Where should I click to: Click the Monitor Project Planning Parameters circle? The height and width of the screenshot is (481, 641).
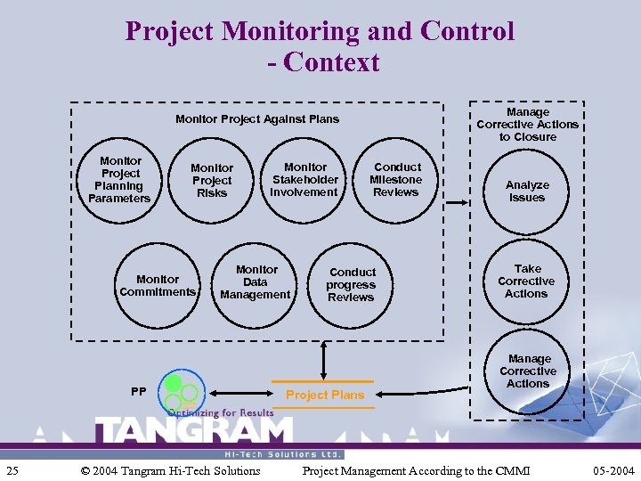point(120,180)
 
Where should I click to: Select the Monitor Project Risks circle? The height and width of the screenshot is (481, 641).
point(212,180)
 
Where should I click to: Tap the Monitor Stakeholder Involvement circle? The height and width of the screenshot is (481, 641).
point(304,180)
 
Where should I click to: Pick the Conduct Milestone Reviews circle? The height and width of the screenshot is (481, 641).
point(396,180)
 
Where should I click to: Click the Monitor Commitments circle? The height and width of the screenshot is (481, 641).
point(158,286)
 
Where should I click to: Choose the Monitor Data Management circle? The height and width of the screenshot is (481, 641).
point(256,282)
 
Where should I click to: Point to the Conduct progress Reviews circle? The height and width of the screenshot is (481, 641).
point(352,285)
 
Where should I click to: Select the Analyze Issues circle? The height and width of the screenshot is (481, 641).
point(527,192)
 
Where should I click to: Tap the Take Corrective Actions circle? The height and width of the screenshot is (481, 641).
point(527,281)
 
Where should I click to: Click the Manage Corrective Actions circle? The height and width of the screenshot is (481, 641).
point(527,371)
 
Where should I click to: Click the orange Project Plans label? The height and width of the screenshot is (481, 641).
point(325,395)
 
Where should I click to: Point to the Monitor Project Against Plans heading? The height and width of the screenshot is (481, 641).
point(257,118)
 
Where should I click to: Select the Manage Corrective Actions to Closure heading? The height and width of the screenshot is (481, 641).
point(527,125)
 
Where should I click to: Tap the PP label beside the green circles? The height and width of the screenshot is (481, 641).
point(138,391)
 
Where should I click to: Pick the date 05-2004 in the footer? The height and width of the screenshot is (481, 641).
point(613,470)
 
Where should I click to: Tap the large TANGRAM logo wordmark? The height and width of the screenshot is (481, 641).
point(193,433)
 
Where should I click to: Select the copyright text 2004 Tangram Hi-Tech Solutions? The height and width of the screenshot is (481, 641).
point(170,470)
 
